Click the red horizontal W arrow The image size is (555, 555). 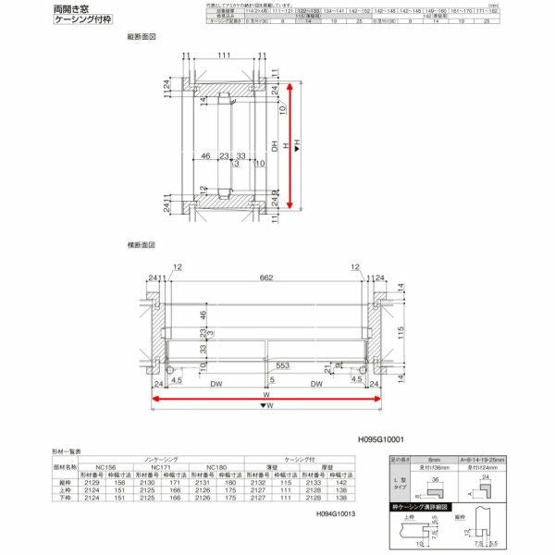(x=267, y=400)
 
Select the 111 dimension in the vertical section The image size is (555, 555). (x=225, y=56)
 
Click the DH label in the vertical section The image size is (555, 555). (x=274, y=143)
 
